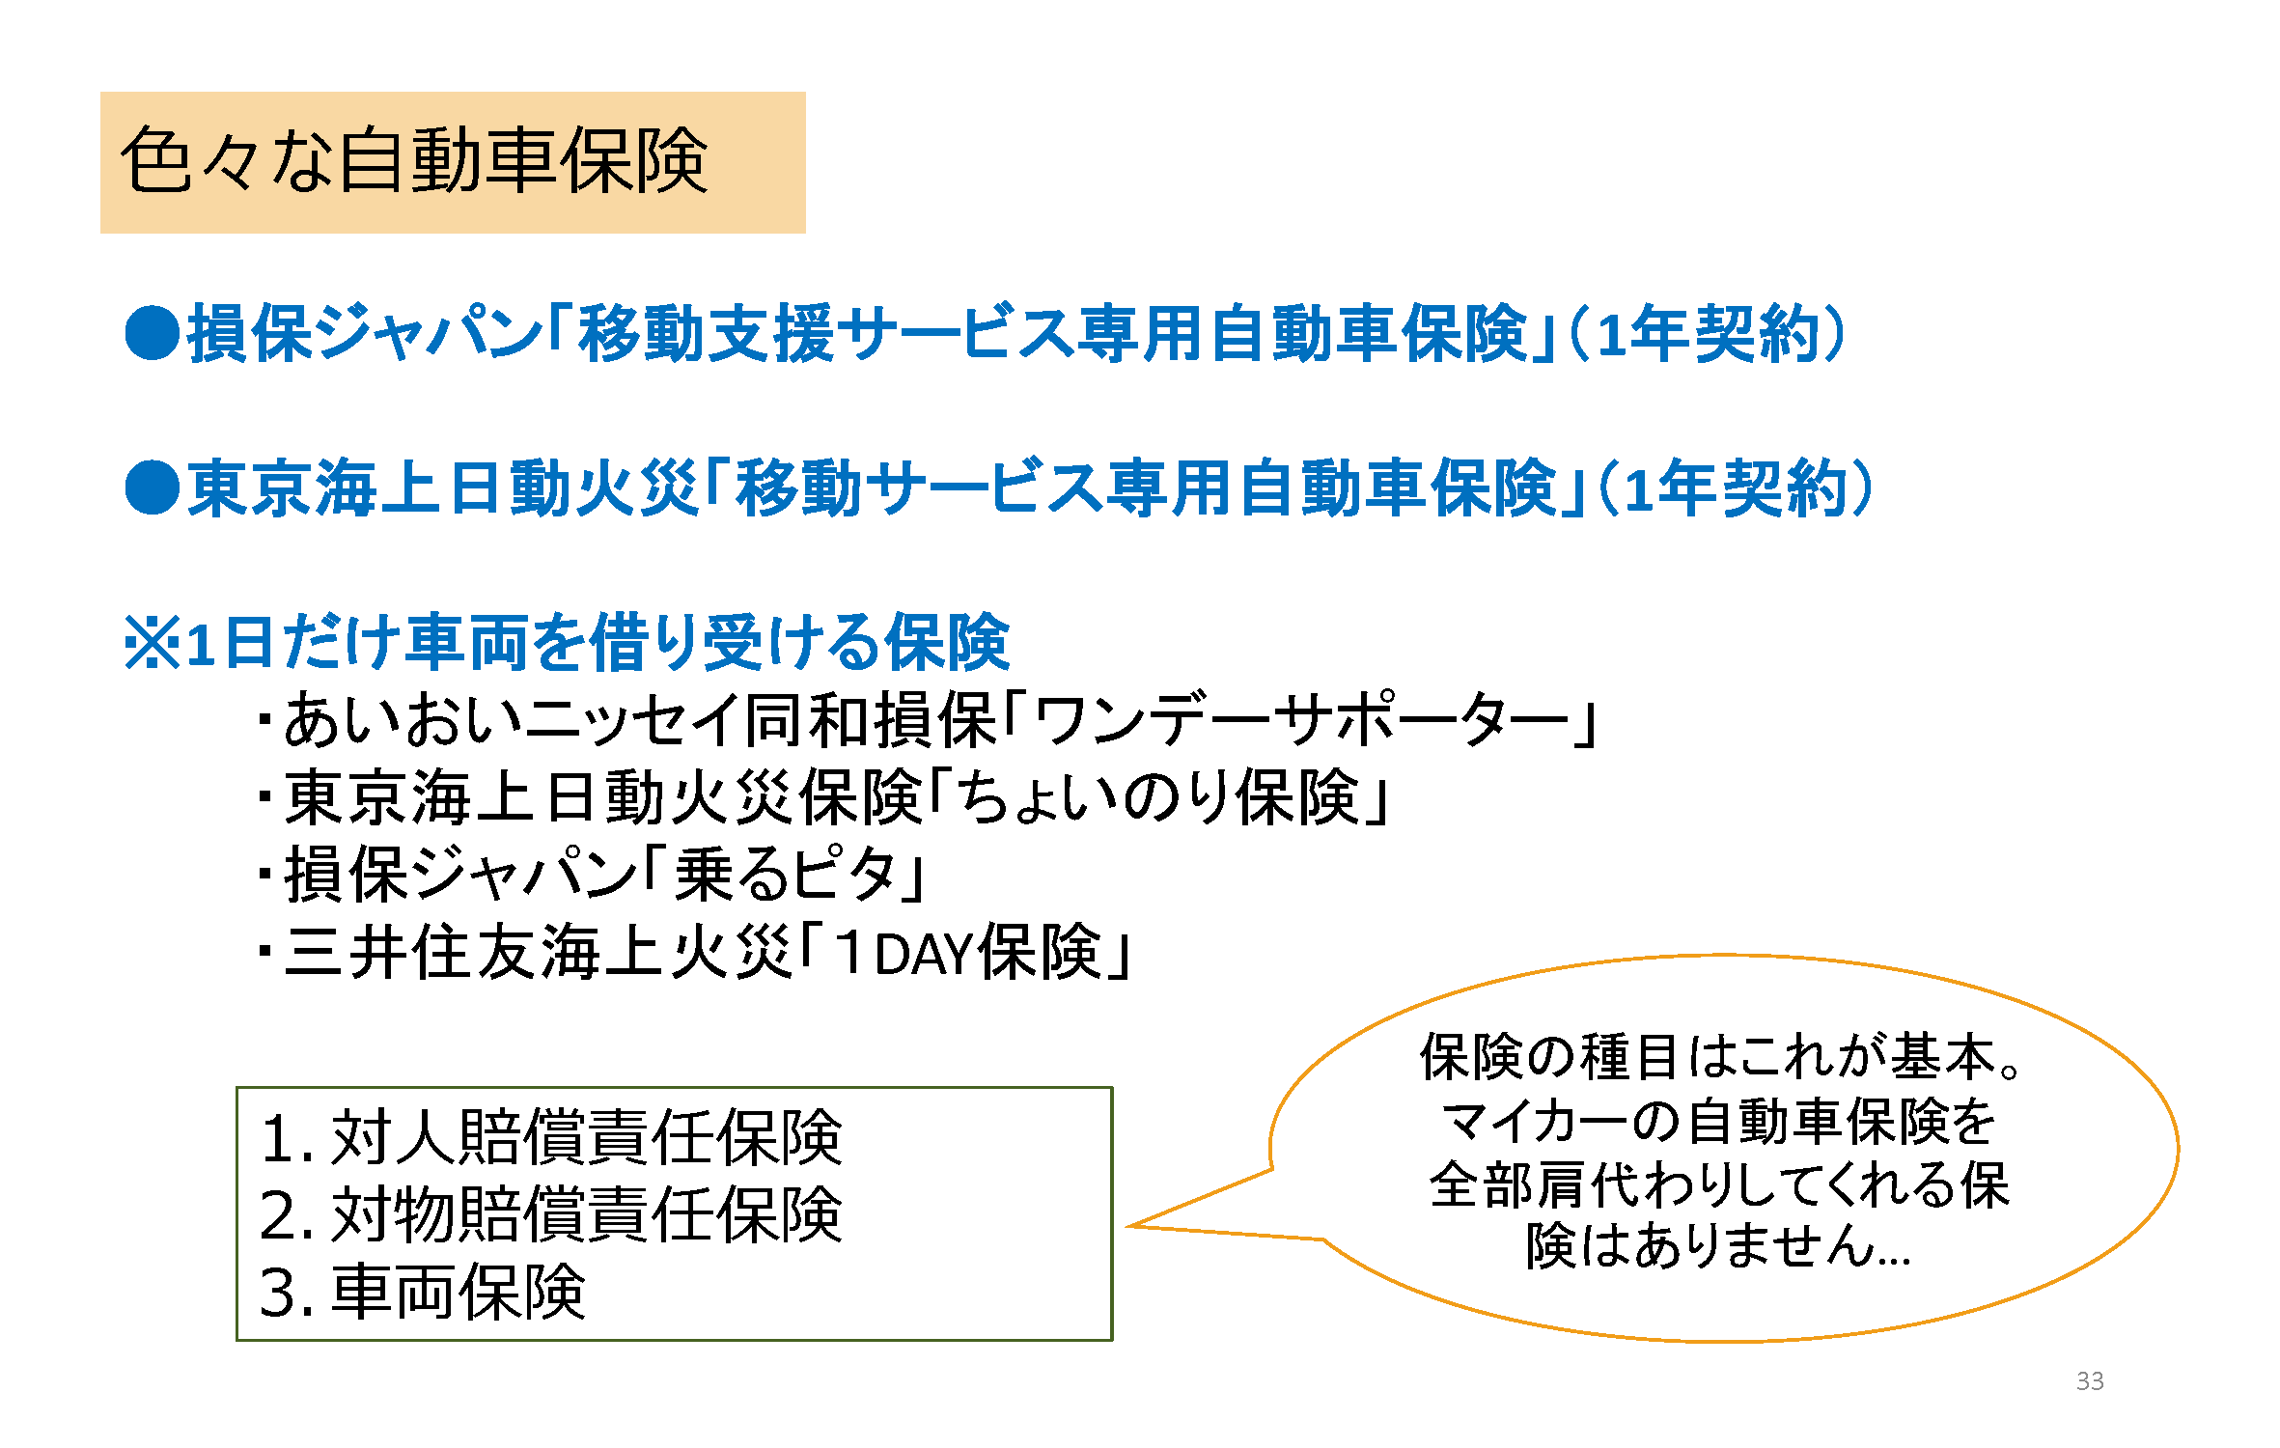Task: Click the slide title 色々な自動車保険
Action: click(415, 161)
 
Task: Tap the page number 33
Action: click(2089, 1381)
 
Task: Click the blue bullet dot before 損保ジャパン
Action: click(153, 333)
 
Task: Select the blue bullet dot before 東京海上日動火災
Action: click(153, 487)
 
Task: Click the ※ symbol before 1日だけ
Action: click(153, 643)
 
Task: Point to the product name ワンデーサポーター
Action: click(1303, 720)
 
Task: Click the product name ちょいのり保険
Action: click(1158, 798)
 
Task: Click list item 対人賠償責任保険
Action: click(585, 1137)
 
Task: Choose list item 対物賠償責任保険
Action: click(585, 1214)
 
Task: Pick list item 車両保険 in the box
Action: click(458, 1293)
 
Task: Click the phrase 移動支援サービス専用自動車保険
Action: click(1052, 333)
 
